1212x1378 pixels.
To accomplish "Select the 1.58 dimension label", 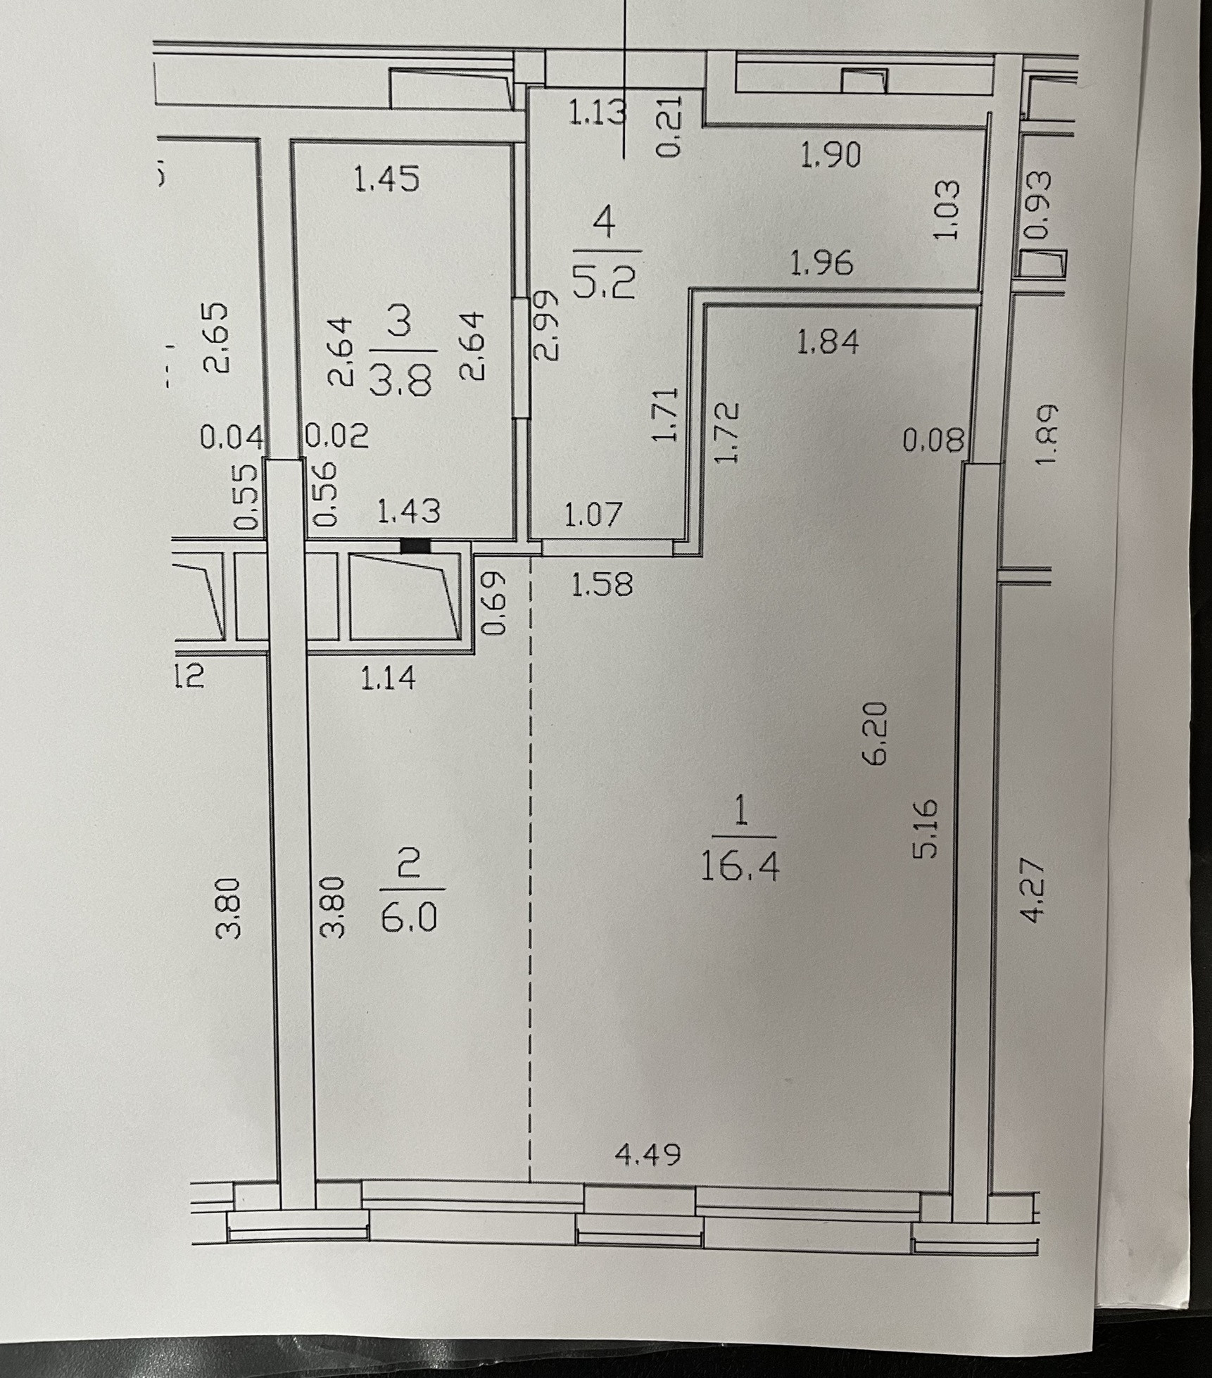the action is coord(602,583).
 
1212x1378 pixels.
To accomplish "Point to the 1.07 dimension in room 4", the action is coord(594,514).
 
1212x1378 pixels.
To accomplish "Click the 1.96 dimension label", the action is coord(821,263).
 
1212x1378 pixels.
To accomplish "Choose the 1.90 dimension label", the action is coord(831,155).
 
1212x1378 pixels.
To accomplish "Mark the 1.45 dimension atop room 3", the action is coord(387,179).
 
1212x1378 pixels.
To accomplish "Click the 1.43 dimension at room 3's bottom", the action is coord(409,511).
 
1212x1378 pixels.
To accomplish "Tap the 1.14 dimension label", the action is coord(388,678).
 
